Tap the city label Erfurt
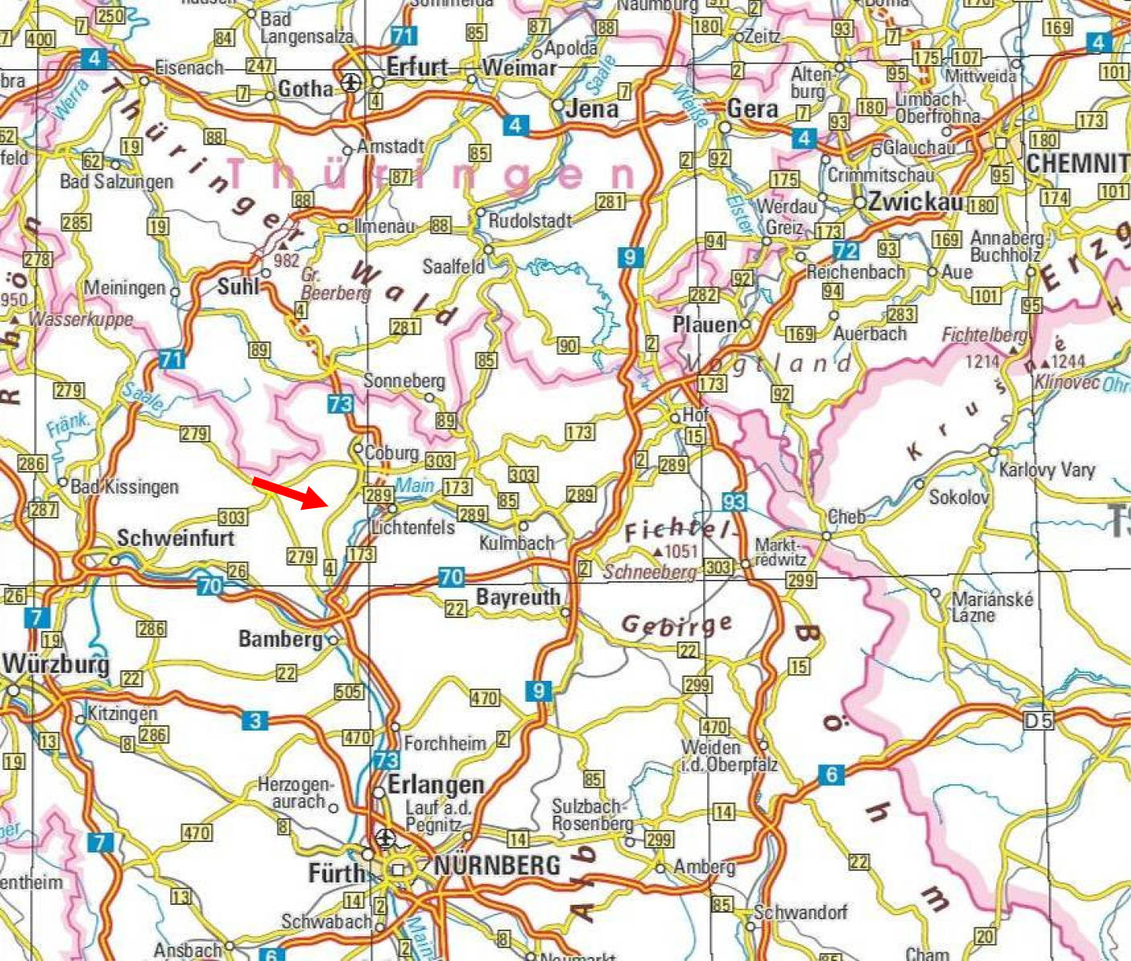click(x=417, y=67)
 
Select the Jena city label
click(x=592, y=108)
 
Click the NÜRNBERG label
click(x=497, y=865)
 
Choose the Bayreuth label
click(x=518, y=597)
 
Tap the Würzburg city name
click(x=55, y=665)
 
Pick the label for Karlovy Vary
click(x=1047, y=470)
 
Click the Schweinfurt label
click(x=175, y=538)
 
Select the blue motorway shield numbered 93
click(x=734, y=502)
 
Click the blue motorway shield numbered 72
click(x=846, y=250)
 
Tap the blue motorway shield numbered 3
click(x=254, y=720)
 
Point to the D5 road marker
click(x=1038, y=720)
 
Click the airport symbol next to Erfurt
click(x=351, y=81)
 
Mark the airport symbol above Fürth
click(x=385, y=839)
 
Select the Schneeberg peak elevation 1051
click(x=680, y=551)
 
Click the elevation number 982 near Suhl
click(x=286, y=260)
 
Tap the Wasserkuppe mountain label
click(x=80, y=319)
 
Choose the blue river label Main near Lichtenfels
click(x=415, y=485)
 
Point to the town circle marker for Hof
click(x=675, y=417)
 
